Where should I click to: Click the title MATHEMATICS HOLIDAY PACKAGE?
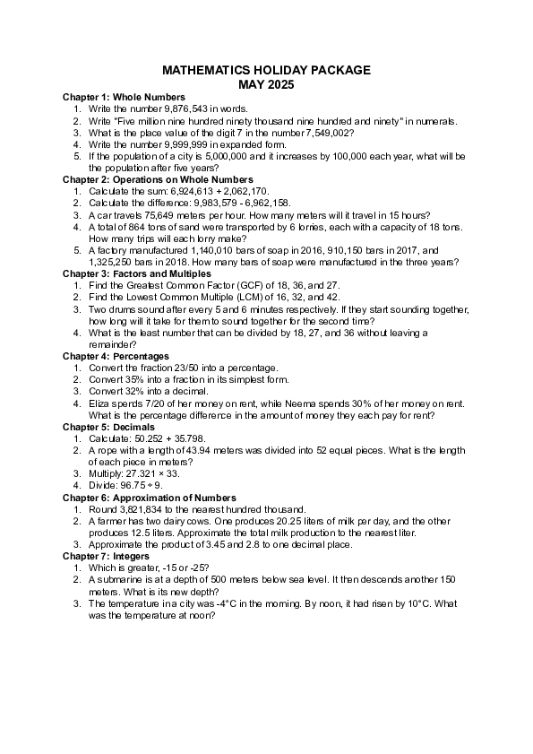click(266, 71)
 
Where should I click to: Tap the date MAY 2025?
click(266, 84)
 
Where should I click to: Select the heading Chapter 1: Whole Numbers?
click(124, 97)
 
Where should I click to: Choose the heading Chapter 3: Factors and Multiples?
click(137, 273)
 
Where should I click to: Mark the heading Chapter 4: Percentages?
click(116, 356)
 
